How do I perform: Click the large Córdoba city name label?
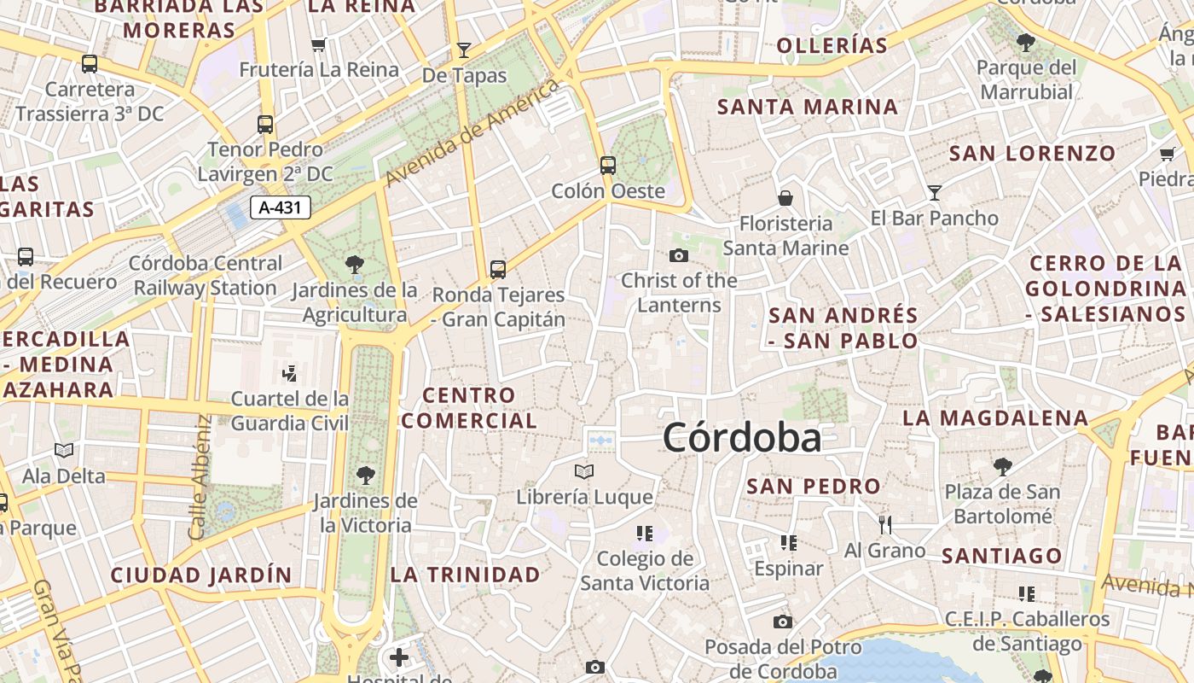pos(742,438)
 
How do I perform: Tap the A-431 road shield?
pos(281,207)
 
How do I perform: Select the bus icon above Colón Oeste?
pos(607,165)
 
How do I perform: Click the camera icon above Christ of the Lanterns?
pos(679,255)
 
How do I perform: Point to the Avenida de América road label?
pos(472,133)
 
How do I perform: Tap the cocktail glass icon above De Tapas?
pos(464,50)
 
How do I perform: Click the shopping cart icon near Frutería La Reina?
pos(319,45)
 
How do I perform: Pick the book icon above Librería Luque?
pos(584,471)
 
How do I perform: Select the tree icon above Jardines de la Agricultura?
pos(354,265)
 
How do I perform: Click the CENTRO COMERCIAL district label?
pos(469,408)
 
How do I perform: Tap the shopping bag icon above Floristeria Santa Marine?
pos(785,199)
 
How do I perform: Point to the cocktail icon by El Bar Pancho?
pos(935,193)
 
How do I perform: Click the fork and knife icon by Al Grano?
pos(885,524)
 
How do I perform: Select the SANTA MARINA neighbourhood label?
pos(808,108)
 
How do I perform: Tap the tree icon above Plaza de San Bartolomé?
pos(1003,467)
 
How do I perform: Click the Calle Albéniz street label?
pos(200,477)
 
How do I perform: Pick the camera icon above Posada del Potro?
pos(783,622)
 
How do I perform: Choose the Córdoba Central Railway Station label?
pos(206,276)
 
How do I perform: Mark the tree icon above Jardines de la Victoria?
pos(366,475)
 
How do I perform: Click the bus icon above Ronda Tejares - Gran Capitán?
pos(498,270)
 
